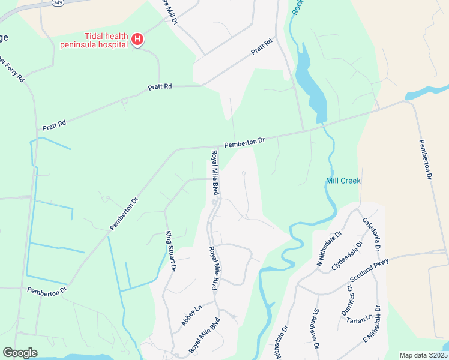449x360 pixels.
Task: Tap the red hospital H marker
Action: tap(137, 40)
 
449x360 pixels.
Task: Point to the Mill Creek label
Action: tap(343, 181)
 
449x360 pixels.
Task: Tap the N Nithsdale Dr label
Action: tap(328, 248)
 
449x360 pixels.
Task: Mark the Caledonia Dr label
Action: tap(372, 234)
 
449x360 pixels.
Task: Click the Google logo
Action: tap(20, 353)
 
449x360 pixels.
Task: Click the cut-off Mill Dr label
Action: tap(171, 12)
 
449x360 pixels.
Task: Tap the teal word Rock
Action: tap(295, 8)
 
